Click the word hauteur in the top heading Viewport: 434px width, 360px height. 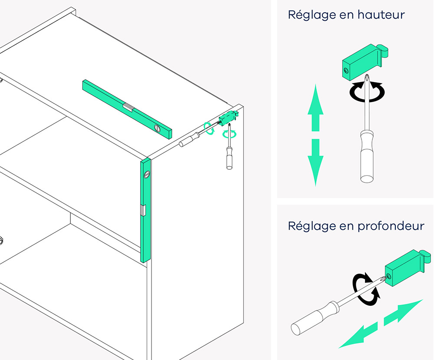[381, 15]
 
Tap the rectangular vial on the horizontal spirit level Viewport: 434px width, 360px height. [128, 107]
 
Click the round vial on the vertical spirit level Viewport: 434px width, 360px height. [146, 175]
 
